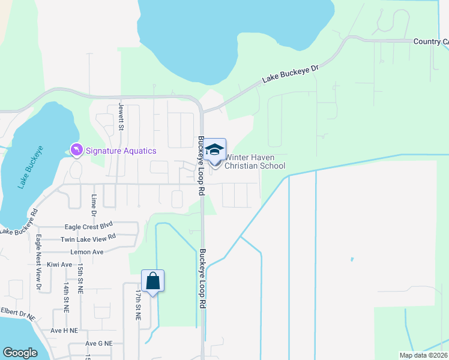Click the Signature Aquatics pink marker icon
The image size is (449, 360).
77,149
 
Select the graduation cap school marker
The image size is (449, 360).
215,151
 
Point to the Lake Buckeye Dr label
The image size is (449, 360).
290,74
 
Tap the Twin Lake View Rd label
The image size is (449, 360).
88,239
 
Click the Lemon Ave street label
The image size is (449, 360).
87,252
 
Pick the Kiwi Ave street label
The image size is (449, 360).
59,265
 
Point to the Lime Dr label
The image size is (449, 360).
94,205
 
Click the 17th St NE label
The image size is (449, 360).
138,305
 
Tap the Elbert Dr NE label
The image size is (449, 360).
17,312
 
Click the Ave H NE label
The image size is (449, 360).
64,331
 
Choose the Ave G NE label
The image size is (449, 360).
99,344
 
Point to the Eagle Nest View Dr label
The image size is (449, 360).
38,254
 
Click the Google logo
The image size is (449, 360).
20,353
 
